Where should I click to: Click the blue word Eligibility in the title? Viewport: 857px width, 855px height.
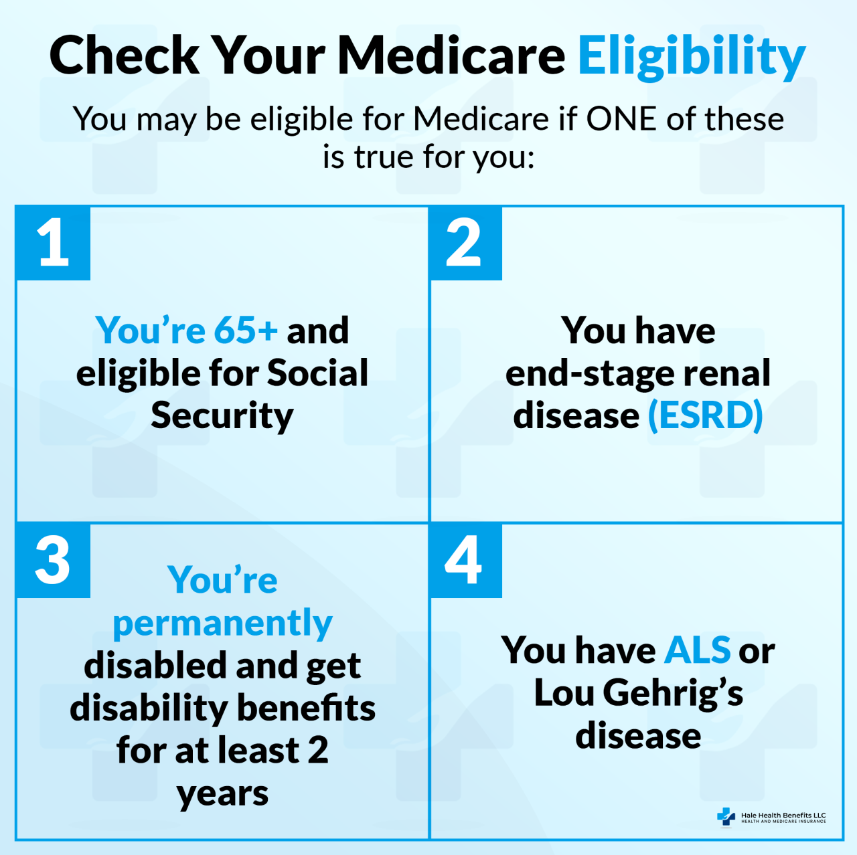691,56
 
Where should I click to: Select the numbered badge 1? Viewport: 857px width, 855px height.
54,243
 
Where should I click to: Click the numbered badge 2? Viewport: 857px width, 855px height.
464,243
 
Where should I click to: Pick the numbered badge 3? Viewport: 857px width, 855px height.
54,561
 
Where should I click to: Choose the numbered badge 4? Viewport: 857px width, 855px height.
464,561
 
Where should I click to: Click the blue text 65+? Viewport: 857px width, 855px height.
246,330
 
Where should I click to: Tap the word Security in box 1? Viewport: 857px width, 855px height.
222,416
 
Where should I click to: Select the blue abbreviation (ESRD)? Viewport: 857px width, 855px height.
705,416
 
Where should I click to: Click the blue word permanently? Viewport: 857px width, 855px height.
222,624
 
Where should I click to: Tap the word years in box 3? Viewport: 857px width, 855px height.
222,794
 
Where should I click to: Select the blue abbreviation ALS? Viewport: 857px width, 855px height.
697,650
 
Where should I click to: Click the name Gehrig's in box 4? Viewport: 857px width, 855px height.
673,693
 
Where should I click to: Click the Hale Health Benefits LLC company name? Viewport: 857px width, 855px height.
783,816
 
